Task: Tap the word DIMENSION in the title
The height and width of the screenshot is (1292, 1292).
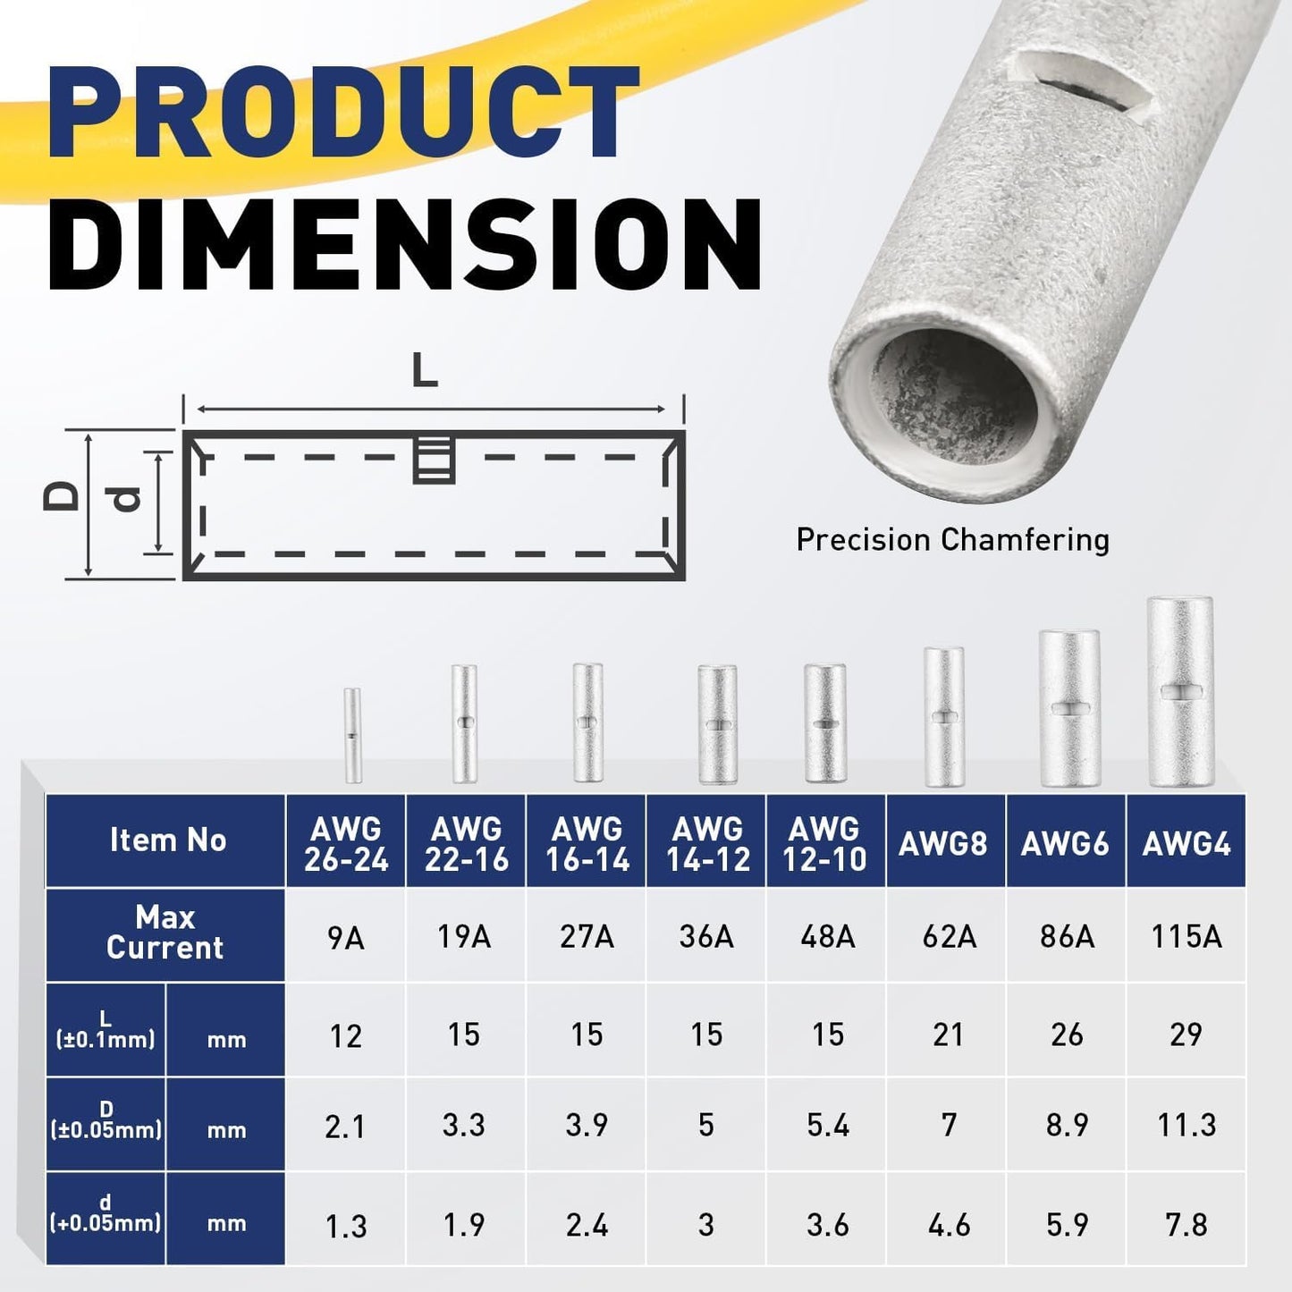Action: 405,243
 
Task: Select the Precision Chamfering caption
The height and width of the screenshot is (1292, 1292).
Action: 952,540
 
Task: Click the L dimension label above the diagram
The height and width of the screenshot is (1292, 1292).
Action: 425,370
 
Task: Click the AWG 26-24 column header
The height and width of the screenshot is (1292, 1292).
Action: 346,843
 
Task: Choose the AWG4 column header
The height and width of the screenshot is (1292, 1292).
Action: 1186,843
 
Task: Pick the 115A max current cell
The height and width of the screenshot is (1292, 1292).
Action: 1186,936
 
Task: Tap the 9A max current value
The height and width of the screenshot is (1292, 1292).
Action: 345,938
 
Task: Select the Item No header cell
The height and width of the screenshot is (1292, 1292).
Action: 167,840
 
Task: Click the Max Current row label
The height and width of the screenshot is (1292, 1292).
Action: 165,933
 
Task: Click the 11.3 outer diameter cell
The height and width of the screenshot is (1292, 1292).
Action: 1186,1125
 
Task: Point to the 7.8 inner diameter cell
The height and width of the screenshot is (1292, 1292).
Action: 1186,1224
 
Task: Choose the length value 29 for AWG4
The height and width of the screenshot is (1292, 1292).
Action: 1186,1034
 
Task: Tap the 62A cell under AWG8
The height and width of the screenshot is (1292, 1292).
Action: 948,936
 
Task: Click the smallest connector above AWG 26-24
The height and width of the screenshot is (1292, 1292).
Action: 352,735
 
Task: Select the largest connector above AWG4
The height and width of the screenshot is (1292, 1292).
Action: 1180,692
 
